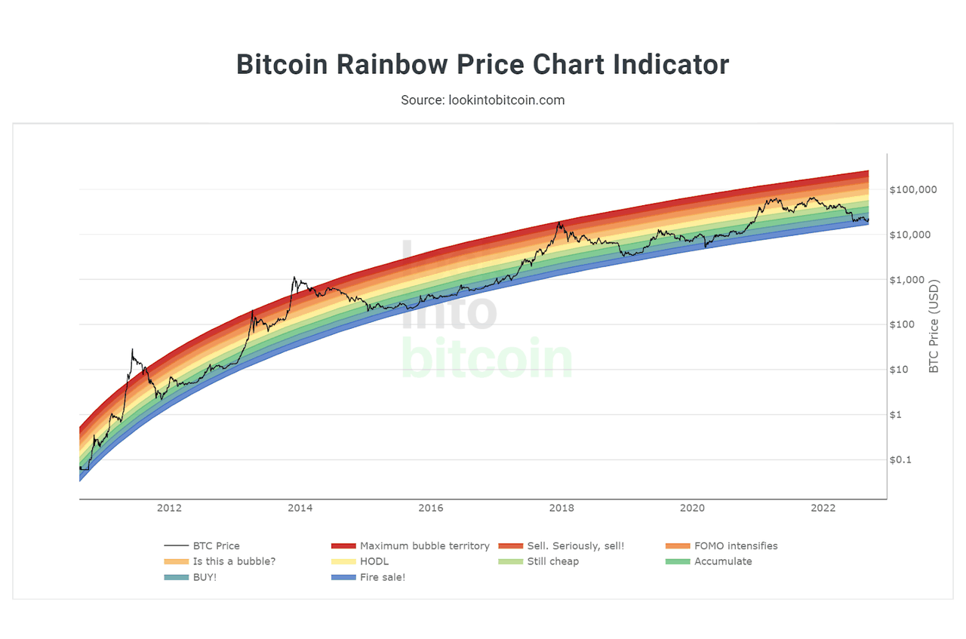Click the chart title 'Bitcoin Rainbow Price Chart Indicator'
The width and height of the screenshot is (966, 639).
click(x=483, y=65)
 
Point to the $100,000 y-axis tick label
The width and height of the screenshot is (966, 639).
click(x=913, y=189)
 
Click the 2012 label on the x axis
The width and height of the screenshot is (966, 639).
click(x=169, y=508)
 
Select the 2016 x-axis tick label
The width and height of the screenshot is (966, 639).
click(x=431, y=508)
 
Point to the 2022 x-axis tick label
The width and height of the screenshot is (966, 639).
click(x=823, y=508)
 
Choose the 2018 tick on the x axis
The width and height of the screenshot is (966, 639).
click(x=561, y=508)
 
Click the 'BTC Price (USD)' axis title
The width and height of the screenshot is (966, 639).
click(x=934, y=327)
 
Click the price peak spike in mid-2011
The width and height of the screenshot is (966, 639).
click(x=132, y=351)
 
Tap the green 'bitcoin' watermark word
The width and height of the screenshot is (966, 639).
click(x=486, y=361)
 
